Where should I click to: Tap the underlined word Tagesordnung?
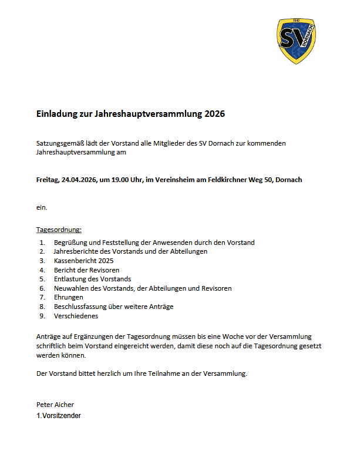[x=59, y=229]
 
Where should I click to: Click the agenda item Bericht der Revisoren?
[x=86, y=270]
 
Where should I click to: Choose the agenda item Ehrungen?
[x=69, y=297]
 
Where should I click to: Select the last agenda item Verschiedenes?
[x=76, y=316]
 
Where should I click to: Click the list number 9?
[x=42, y=316]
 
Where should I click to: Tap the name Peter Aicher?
[x=55, y=405]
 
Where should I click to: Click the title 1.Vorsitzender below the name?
[x=58, y=416]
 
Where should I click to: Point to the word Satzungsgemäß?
[x=57, y=143]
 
